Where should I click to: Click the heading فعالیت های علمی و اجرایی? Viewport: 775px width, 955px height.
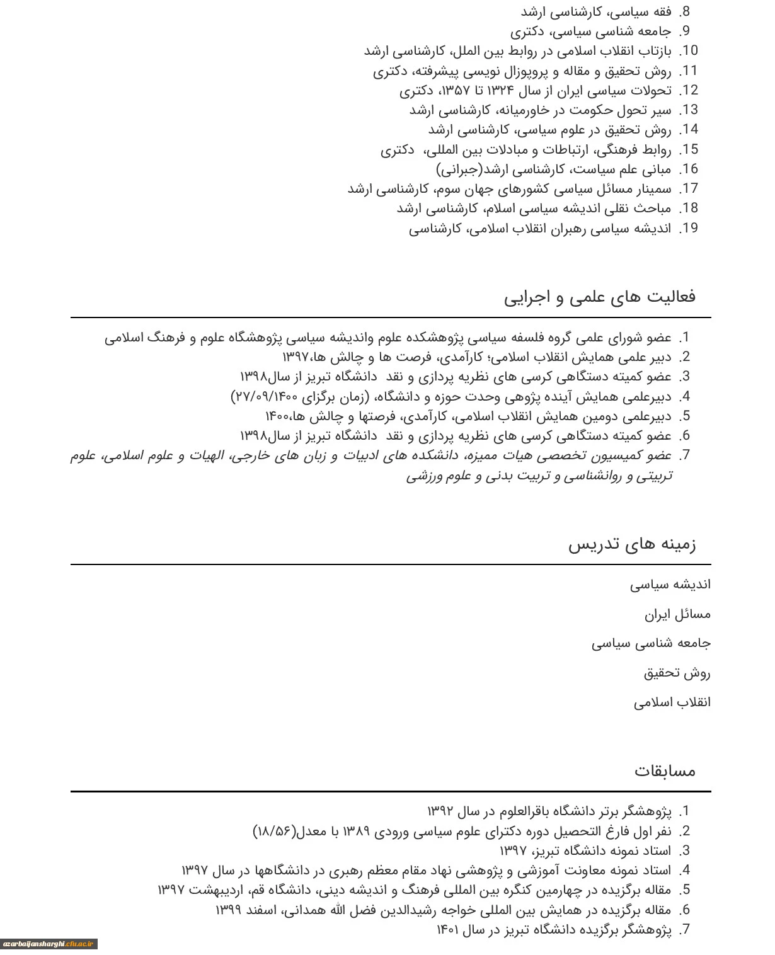tap(599, 297)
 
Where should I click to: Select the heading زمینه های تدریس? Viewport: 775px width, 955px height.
tap(632, 544)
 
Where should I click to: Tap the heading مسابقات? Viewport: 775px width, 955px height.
tap(665, 770)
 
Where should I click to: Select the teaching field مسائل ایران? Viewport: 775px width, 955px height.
tap(677, 614)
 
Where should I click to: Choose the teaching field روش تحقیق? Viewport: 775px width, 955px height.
tap(677, 673)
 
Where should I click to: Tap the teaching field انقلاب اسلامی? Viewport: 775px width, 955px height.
tap(672, 702)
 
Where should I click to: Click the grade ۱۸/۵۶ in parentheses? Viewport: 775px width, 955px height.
tap(274, 832)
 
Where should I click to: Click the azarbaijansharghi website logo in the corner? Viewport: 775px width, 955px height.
tap(49, 944)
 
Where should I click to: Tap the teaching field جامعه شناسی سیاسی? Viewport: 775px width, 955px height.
tap(651, 644)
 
